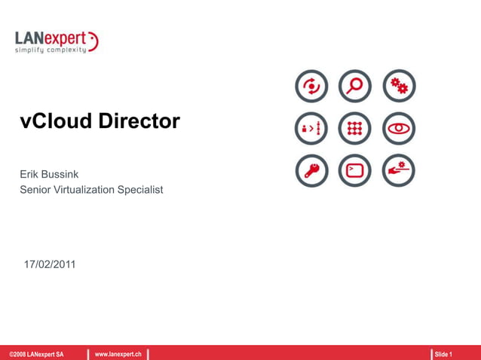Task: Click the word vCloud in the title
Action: coord(56,121)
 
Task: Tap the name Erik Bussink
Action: coord(49,174)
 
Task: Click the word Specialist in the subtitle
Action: coord(141,190)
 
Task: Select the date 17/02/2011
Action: coord(50,264)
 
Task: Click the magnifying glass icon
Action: coord(355,87)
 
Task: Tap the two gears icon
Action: coord(399,87)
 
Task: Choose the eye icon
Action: coord(399,129)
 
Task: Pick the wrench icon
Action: coord(311,171)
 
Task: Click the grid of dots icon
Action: coord(355,129)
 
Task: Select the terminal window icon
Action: coord(355,171)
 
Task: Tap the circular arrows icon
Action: coord(311,87)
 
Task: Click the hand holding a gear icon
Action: coord(399,171)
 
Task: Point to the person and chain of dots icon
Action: coord(311,129)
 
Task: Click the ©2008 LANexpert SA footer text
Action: coord(36,354)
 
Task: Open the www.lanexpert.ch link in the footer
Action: coord(118,354)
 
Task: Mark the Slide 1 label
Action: coord(443,354)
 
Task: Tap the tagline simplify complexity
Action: coord(51,50)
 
